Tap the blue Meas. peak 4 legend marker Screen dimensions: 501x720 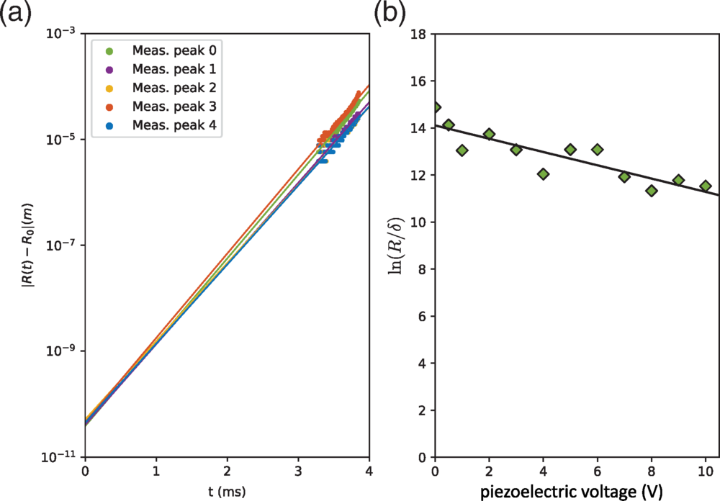pos(109,126)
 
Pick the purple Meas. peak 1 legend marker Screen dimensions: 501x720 pos(109,70)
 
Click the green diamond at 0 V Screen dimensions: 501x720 pos(435,107)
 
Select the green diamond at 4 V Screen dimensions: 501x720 pos(543,174)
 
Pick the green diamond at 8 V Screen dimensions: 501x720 pos(651,191)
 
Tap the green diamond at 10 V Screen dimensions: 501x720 pos(705,186)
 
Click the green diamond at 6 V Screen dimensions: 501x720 pos(597,150)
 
